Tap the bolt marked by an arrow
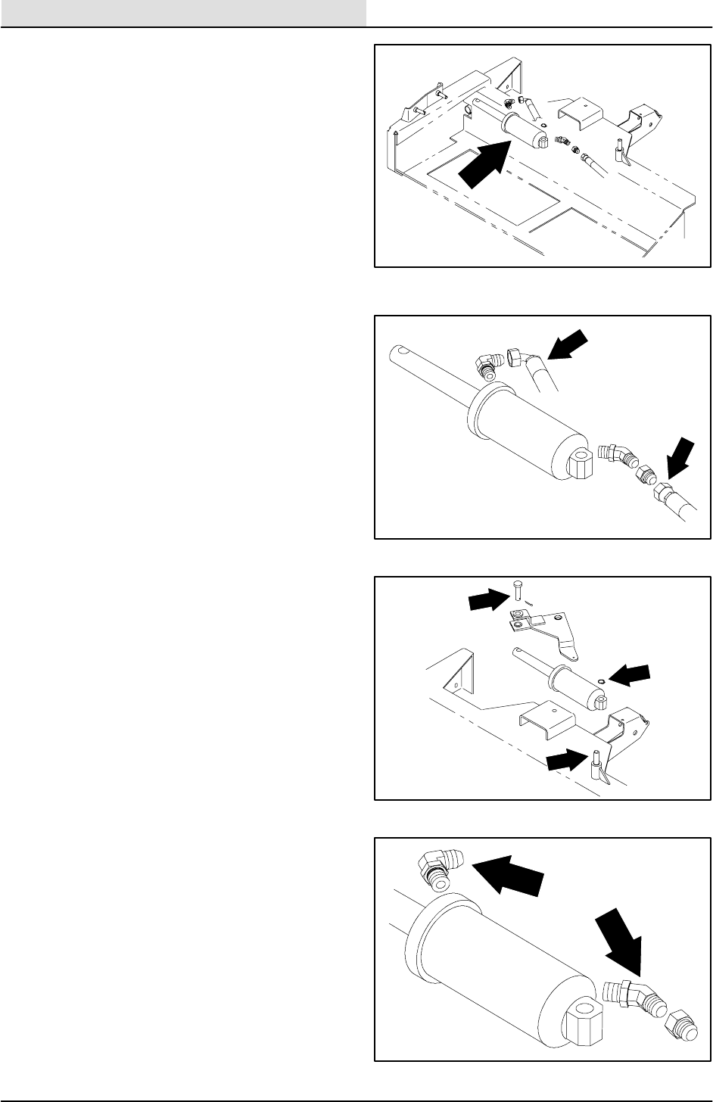click(516, 590)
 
